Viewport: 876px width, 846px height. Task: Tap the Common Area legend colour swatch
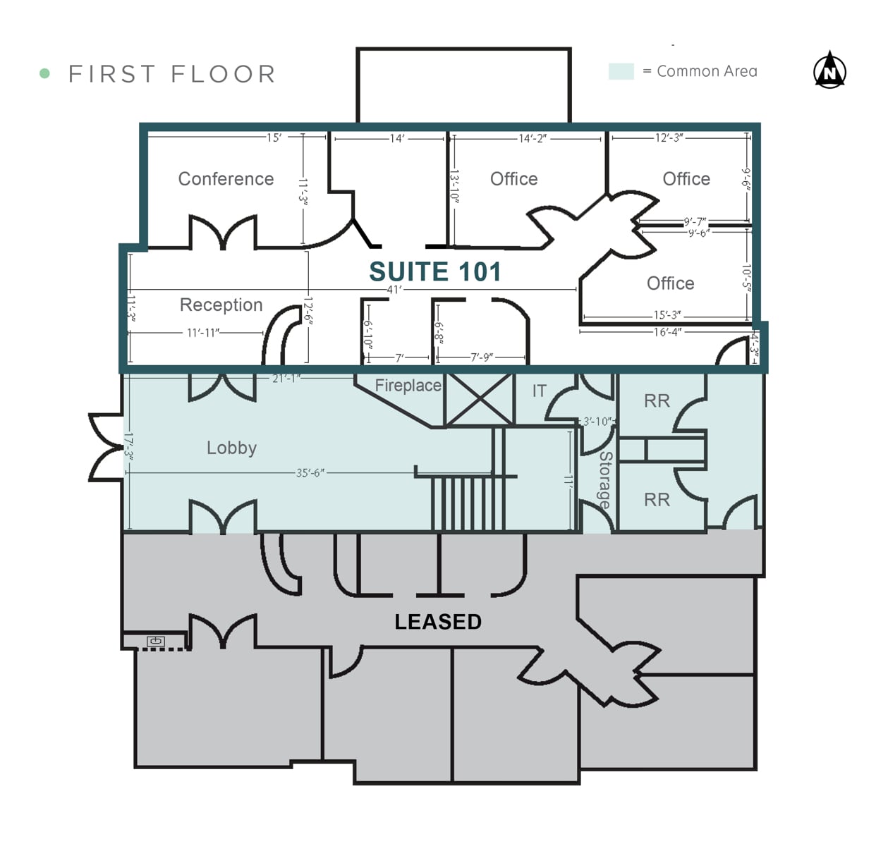click(x=621, y=71)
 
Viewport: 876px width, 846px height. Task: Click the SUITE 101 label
click(x=435, y=271)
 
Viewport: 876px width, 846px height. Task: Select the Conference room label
click(x=226, y=178)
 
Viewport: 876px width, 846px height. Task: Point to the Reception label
click(x=221, y=305)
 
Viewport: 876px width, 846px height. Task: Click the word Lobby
click(x=231, y=447)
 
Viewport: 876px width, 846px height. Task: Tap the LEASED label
click(x=438, y=621)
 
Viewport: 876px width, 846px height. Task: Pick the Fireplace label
click(x=408, y=385)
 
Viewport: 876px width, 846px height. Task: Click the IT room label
click(x=539, y=391)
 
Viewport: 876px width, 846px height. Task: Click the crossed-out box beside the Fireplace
click(x=480, y=399)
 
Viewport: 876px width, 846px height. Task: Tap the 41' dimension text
click(x=394, y=289)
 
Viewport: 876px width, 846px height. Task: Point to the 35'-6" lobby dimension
click(x=310, y=473)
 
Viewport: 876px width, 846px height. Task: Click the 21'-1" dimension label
click(x=286, y=379)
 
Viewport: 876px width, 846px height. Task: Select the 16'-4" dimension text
click(x=667, y=332)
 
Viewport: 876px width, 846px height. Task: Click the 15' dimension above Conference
click(x=274, y=137)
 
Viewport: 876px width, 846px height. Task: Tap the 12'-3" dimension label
click(x=669, y=137)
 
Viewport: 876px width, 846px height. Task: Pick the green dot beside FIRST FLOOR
click(x=44, y=73)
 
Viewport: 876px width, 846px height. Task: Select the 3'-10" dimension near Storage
click(x=597, y=422)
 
